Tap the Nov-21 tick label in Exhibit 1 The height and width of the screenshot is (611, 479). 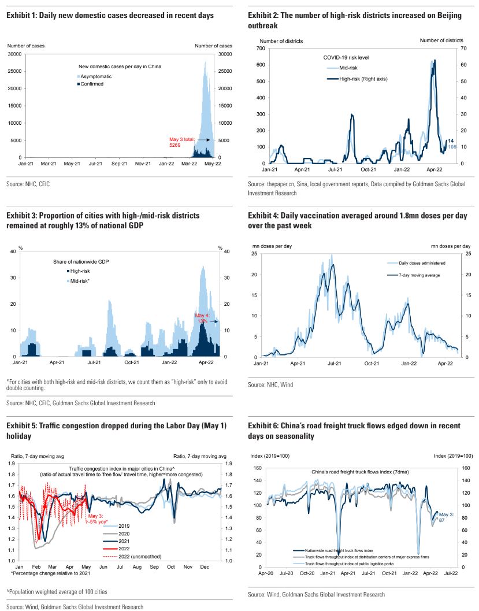[142, 164]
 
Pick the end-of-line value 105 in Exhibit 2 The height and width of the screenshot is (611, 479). [452, 147]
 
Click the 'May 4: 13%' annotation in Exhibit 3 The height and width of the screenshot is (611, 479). [202, 319]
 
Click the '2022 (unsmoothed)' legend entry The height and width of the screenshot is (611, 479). [139, 556]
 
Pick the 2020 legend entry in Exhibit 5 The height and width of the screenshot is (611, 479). [124, 534]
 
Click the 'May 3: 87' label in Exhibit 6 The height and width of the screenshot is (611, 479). [447, 517]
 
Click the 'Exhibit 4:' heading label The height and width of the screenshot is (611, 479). [263, 215]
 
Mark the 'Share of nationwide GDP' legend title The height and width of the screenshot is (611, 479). [84, 262]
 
